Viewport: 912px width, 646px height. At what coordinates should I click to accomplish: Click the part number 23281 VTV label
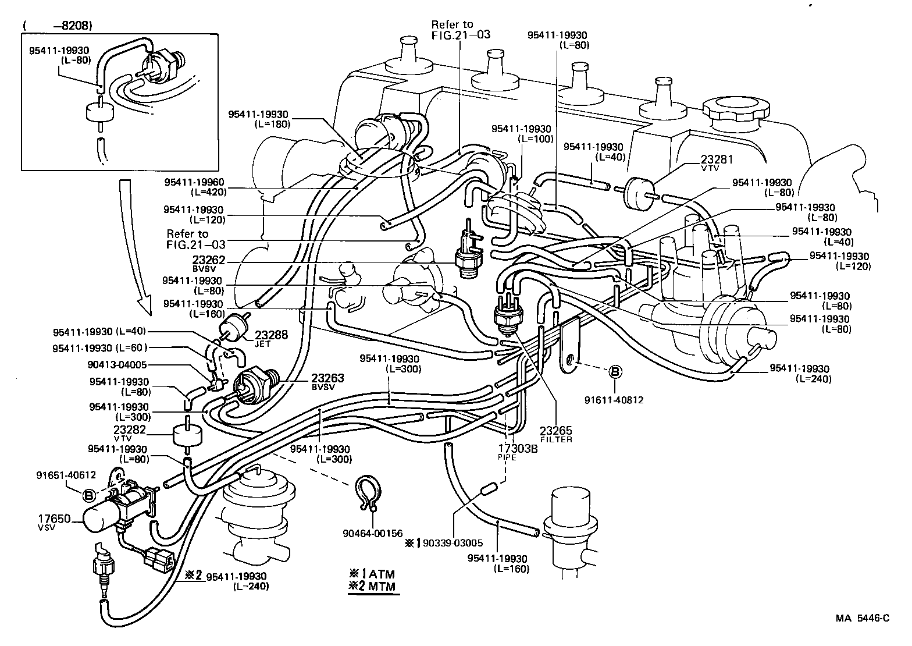tap(717, 162)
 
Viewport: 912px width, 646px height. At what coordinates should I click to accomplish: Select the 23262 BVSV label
tap(209, 264)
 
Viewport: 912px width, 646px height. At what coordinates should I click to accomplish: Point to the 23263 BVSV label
tap(327, 381)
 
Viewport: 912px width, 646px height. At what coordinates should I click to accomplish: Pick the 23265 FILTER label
tap(555, 434)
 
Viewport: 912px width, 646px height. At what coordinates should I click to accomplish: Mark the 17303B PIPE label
tap(517, 451)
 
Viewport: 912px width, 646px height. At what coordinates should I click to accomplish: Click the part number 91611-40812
tap(615, 400)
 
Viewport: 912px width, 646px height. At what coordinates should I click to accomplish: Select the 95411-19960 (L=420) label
tap(194, 186)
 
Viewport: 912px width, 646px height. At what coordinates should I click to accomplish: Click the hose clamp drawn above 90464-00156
tap(368, 494)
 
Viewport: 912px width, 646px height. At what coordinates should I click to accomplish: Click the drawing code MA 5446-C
tap(863, 619)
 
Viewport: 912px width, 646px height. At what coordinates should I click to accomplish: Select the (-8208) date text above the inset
tap(58, 26)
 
